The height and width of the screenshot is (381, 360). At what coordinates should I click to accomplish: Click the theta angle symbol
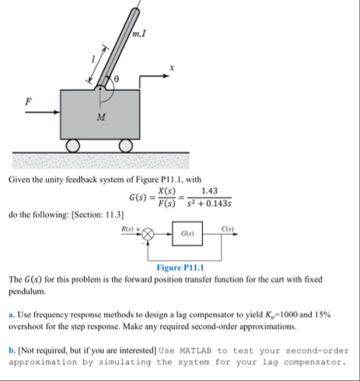tap(117, 81)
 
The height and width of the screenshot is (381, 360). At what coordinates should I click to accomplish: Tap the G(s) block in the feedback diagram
tap(187, 233)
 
